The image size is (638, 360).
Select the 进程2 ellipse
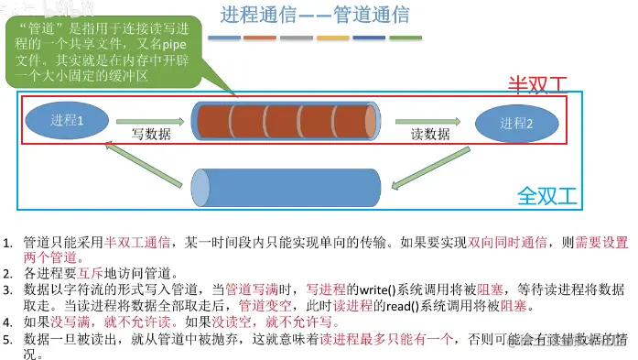tap(516, 123)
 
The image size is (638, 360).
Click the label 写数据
tap(151, 134)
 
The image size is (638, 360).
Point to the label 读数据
tap(429, 134)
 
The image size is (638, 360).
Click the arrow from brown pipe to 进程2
tap(428, 120)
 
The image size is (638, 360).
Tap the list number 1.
tap(8, 243)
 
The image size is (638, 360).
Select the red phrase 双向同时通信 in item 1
tap(508, 243)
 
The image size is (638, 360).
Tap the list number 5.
tap(8, 340)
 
